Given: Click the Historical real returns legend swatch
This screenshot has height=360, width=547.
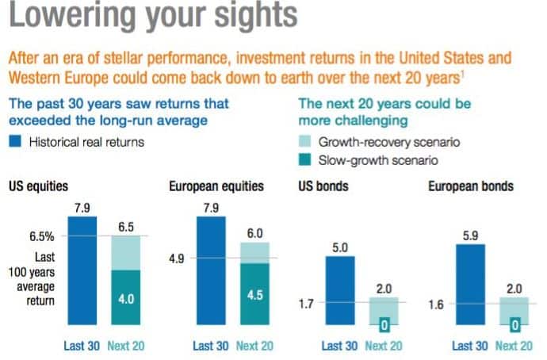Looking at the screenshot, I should click(x=16, y=144).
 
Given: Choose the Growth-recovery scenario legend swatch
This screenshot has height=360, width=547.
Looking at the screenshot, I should click(x=306, y=143).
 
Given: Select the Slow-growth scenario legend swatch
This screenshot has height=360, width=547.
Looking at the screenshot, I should click(x=306, y=160).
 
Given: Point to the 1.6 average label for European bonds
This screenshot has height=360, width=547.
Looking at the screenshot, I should click(x=435, y=302).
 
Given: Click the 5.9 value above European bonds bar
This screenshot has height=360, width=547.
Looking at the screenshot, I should click(x=469, y=236).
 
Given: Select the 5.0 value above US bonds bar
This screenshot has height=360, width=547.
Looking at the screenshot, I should click(x=339, y=248).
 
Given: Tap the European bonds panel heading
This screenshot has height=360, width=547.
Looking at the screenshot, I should click(x=471, y=187).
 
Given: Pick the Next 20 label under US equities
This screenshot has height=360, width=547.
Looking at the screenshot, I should click(x=125, y=346).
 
